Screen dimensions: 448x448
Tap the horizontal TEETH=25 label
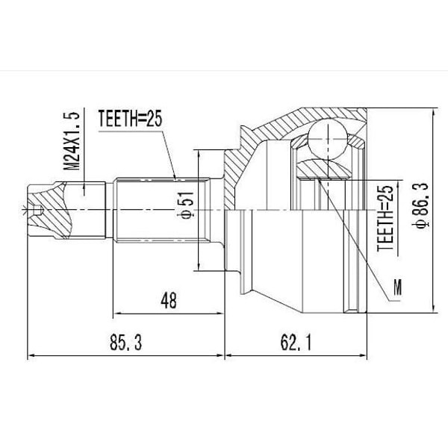pos(130,118)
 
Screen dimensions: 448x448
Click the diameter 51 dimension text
pos(187,205)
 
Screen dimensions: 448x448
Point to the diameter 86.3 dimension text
pos(420,202)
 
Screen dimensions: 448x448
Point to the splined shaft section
pos(161,210)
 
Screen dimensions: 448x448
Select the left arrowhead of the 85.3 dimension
pos(31,353)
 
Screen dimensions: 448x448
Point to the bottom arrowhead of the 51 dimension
pos(199,266)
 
